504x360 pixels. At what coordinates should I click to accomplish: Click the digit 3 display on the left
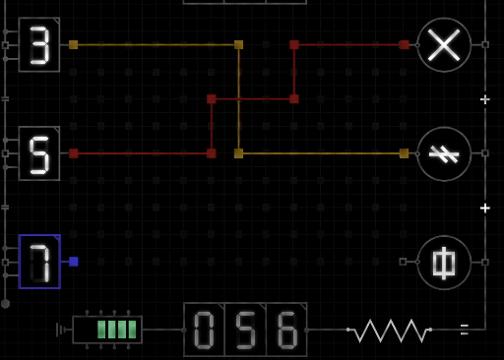39,44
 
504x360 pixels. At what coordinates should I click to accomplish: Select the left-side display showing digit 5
39,153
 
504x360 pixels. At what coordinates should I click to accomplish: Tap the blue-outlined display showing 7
39,262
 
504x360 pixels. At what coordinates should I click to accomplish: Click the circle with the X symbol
444,44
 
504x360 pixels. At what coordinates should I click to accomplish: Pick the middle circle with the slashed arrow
444,153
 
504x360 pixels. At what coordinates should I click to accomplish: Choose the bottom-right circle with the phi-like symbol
444,262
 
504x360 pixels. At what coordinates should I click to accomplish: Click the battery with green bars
107,330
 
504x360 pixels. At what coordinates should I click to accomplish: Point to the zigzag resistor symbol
390,330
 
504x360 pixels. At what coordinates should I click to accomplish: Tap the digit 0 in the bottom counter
204,330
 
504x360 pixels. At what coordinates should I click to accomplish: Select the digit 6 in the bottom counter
286,330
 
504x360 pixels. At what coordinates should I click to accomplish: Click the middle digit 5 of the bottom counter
245,330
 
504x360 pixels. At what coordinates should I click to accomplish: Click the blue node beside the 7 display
74,262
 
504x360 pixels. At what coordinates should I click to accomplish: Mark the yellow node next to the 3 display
74,44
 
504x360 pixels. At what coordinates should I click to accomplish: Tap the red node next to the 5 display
74,153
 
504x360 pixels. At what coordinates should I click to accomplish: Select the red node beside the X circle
404,44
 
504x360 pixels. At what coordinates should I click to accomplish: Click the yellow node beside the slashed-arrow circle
404,153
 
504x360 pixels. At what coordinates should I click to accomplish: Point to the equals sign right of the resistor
464,330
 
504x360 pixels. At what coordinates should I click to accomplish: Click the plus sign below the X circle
484,99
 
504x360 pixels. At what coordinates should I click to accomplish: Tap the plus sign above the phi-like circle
484,208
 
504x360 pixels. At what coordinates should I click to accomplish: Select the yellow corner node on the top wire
238,44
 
